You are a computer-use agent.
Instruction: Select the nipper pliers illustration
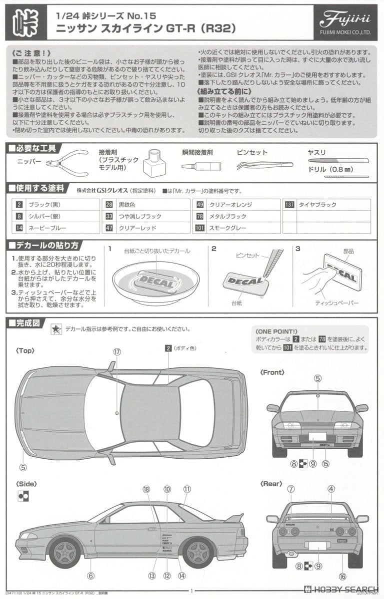(67, 163)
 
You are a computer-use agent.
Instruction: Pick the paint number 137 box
(289, 205)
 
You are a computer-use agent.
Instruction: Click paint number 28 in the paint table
(109, 205)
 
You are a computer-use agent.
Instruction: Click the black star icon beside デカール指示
(56, 329)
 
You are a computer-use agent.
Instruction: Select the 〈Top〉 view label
(25, 350)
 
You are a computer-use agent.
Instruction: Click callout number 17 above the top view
(117, 352)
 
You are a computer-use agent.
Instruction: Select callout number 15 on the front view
(326, 464)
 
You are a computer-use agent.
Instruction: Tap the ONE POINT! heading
(276, 331)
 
